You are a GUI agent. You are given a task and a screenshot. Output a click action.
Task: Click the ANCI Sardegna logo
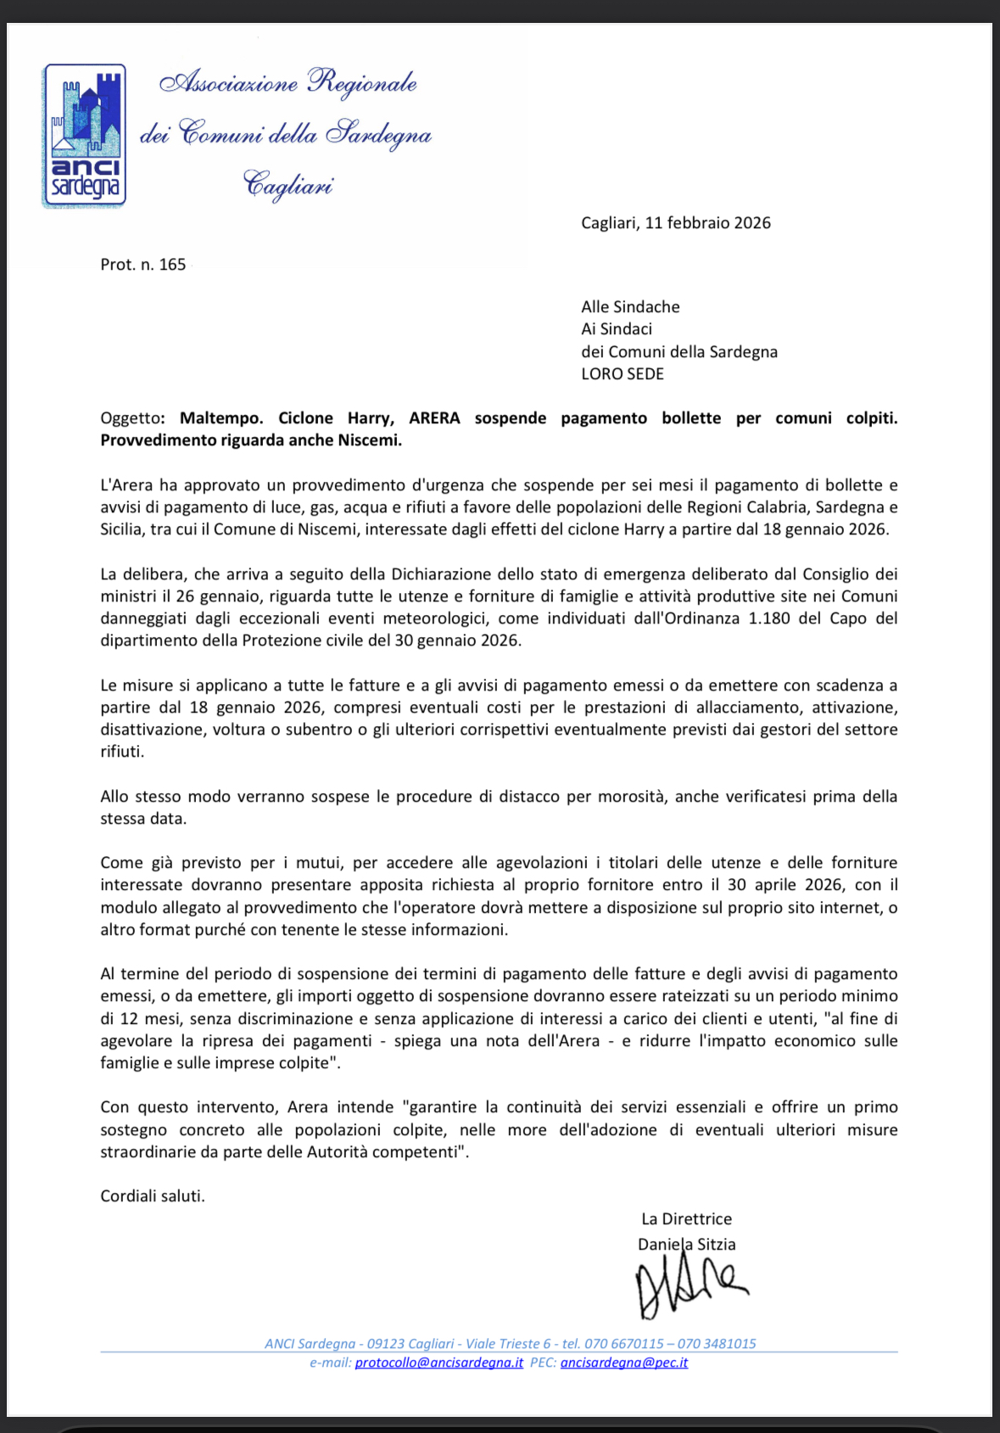84,136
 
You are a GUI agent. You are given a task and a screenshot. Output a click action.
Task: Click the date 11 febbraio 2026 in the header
707,223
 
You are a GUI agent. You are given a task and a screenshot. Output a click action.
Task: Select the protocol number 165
172,265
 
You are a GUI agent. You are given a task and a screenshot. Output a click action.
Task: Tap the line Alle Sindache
630,307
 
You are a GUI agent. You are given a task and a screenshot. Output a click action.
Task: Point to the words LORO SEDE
622,374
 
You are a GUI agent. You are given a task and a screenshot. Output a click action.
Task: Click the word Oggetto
131,418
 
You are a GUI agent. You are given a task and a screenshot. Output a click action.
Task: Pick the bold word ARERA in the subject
434,418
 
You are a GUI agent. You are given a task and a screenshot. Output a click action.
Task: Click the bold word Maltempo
221,418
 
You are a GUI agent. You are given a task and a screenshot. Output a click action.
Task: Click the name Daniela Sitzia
686,1245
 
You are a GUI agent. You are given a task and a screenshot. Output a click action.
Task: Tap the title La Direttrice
686,1219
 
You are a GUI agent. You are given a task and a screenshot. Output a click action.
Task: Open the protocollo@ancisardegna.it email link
439,1363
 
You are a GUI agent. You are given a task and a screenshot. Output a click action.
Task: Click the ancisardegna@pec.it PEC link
623,1363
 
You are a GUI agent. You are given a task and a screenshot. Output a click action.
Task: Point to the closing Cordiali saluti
153,1196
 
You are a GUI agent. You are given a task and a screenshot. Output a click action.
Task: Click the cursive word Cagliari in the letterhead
288,185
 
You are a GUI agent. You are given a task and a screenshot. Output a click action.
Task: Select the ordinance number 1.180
769,619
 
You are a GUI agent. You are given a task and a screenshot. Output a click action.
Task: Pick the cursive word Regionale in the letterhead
362,83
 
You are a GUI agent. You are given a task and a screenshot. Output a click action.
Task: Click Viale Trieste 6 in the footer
508,1344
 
